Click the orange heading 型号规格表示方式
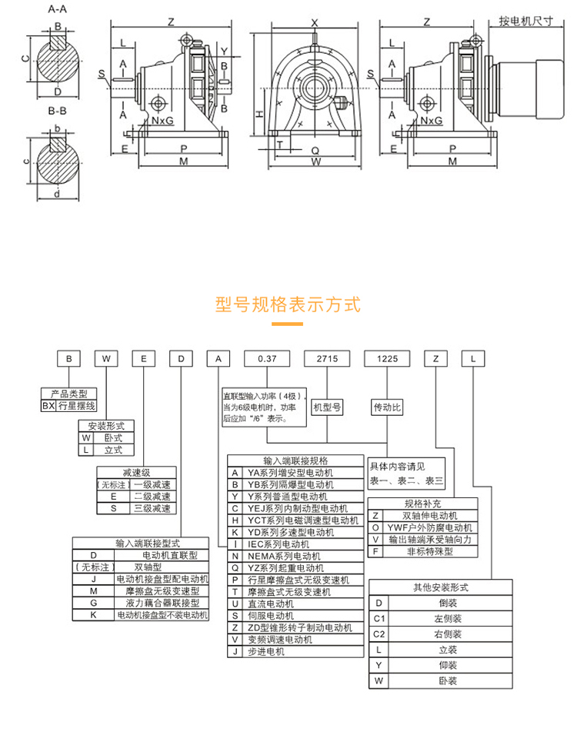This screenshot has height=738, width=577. tap(288, 304)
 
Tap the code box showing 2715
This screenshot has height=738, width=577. tap(327, 358)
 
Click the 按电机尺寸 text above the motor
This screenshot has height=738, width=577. tap(525, 22)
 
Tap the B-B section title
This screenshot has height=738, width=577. tap(57, 112)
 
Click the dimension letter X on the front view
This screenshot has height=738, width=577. tap(315, 23)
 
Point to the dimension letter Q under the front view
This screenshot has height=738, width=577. tap(315, 151)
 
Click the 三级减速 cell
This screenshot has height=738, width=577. tap(152, 508)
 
